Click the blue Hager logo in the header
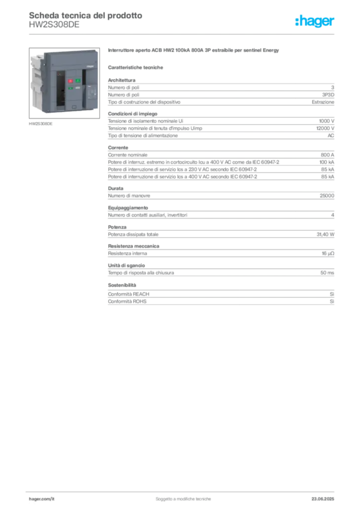pyautogui.click(x=315, y=21)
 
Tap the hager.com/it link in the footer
pyautogui.click(x=42, y=499)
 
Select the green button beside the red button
pyautogui.click(x=78, y=81)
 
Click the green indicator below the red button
pyautogui.click(x=71, y=88)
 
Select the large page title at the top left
pyautogui.click(x=85, y=15)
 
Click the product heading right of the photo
pyautogui.click(x=194, y=51)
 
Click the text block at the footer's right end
pyautogui.click(x=327, y=496)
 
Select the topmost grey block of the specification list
pyautogui.click(x=220, y=92)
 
